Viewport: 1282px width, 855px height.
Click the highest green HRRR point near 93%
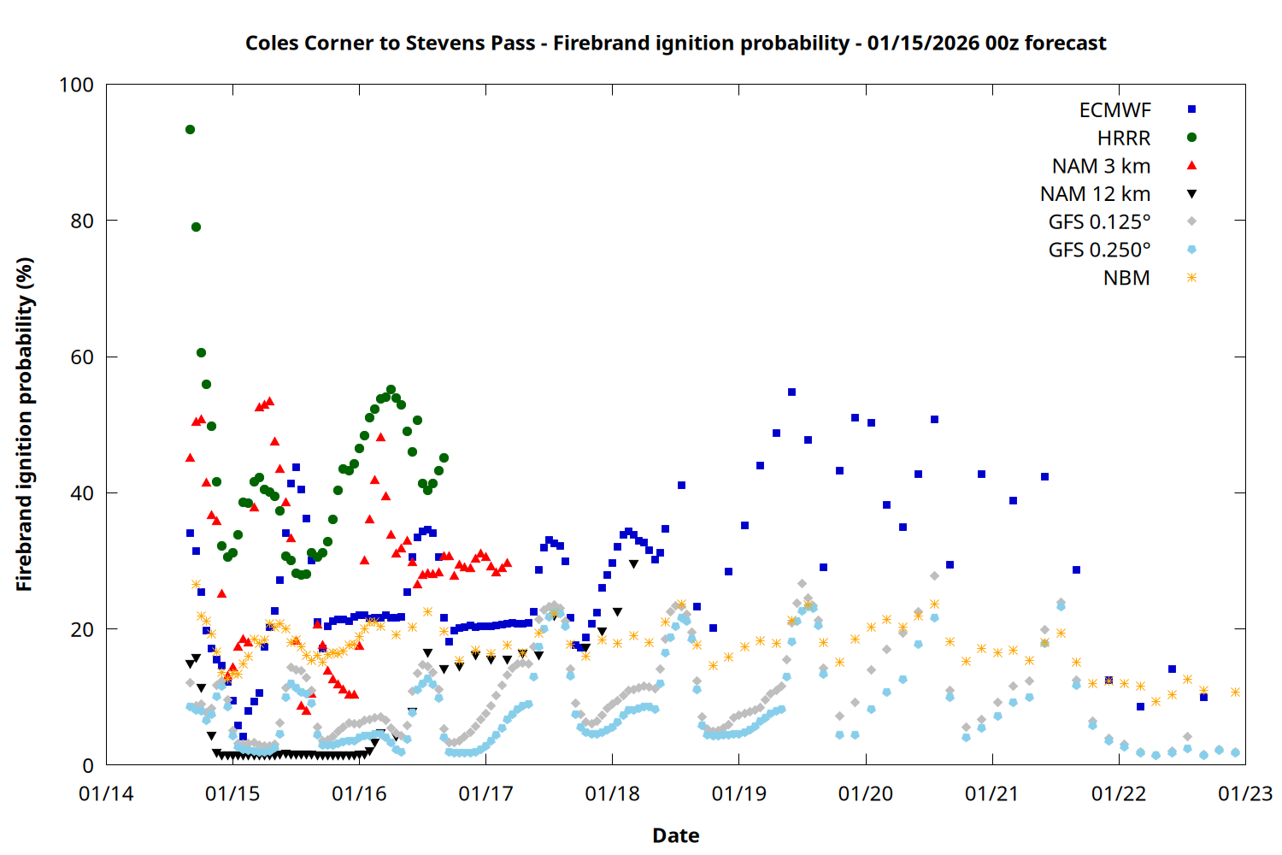[x=190, y=129]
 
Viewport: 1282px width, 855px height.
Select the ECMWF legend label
[x=1114, y=110]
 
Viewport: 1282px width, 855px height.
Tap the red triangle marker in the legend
[x=1191, y=166]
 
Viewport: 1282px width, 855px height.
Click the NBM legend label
[x=1126, y=278]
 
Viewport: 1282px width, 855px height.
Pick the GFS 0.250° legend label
[x=1099, y=250]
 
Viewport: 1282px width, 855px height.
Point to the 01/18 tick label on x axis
[x=612, y=793]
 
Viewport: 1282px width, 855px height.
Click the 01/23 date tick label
[x=1245, y=793]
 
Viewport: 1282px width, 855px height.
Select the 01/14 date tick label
[x=106, y=793]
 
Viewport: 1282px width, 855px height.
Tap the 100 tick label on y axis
[x=76, y=85]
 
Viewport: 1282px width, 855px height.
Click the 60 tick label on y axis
[x=82, y=357]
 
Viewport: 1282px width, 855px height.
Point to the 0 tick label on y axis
[x=88, y=766]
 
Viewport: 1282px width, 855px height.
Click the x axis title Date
[x=675, y=835]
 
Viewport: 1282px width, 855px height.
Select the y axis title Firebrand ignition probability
[x=25, y=424]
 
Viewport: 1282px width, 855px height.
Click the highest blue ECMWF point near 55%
[x=791, y=392]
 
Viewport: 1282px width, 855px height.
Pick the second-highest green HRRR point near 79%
[x=196, y=227]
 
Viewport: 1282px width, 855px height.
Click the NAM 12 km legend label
[x=1095, y=194]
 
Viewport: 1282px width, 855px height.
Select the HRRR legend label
[x=1123, y=138]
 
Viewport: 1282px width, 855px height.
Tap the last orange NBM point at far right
[x=1235, y=692]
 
